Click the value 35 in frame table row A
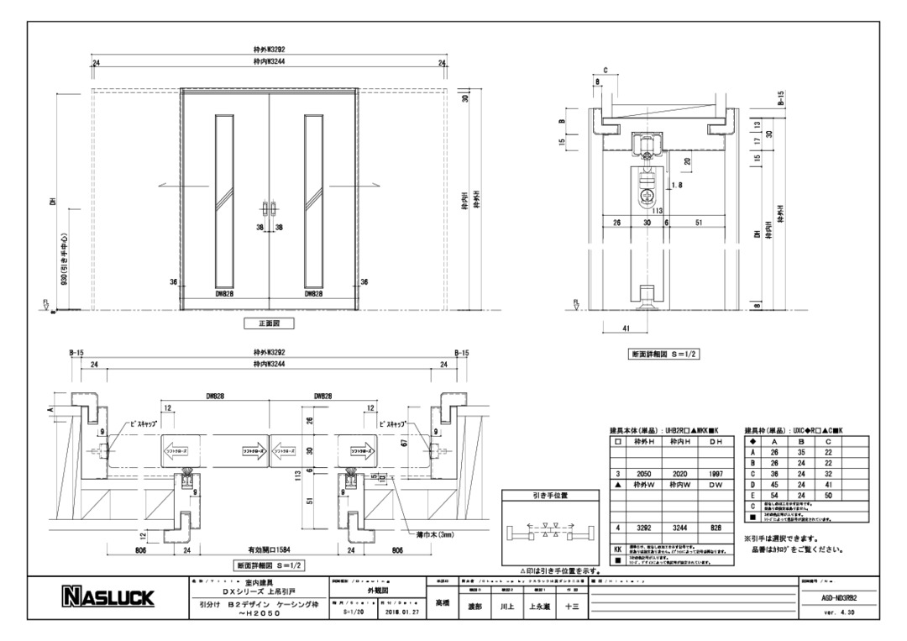(x=802, y=452)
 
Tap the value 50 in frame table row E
(x=829, y=497)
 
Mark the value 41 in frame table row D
(x=829, y=486)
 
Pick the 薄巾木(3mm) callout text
(x=433, y=535)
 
